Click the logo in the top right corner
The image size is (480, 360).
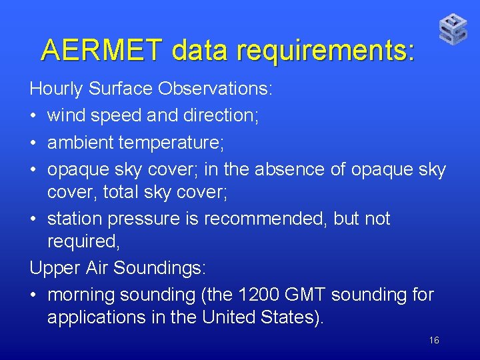coord(453,29)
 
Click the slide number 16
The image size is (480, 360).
coord(434,341)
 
